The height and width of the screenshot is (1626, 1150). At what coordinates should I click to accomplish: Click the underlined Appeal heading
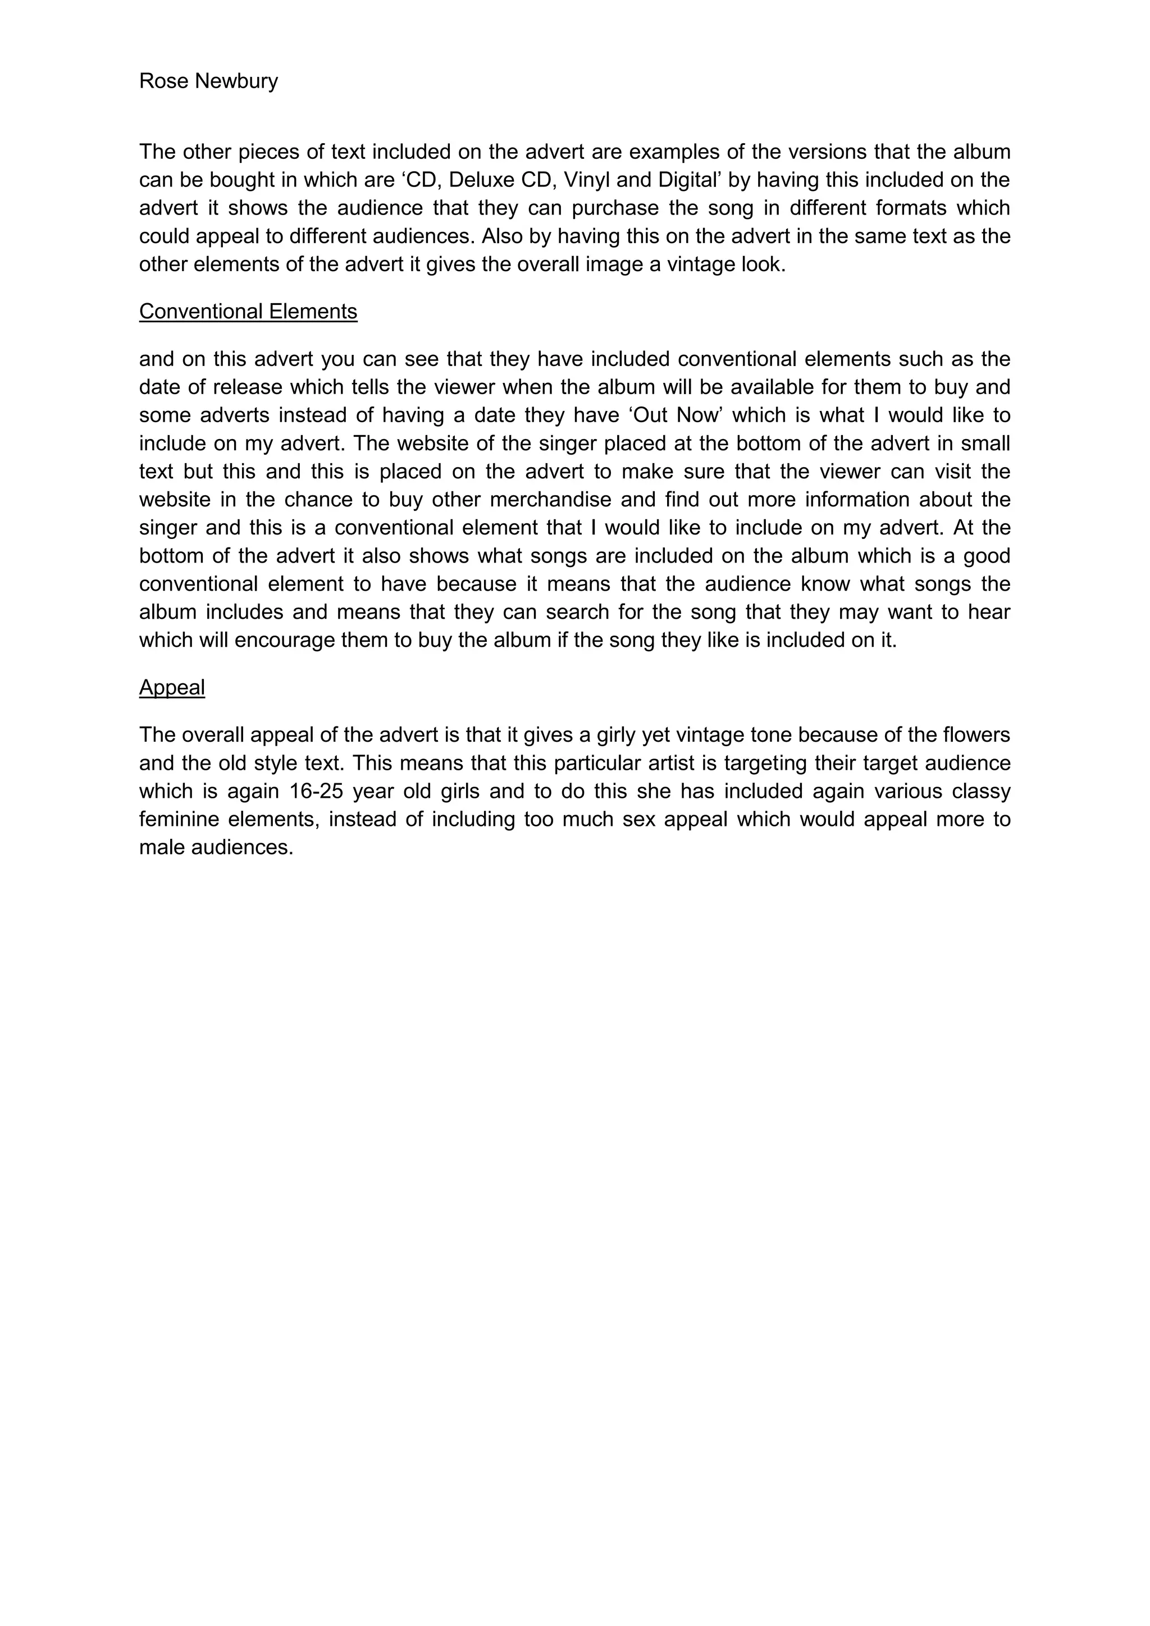click(172, 688)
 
